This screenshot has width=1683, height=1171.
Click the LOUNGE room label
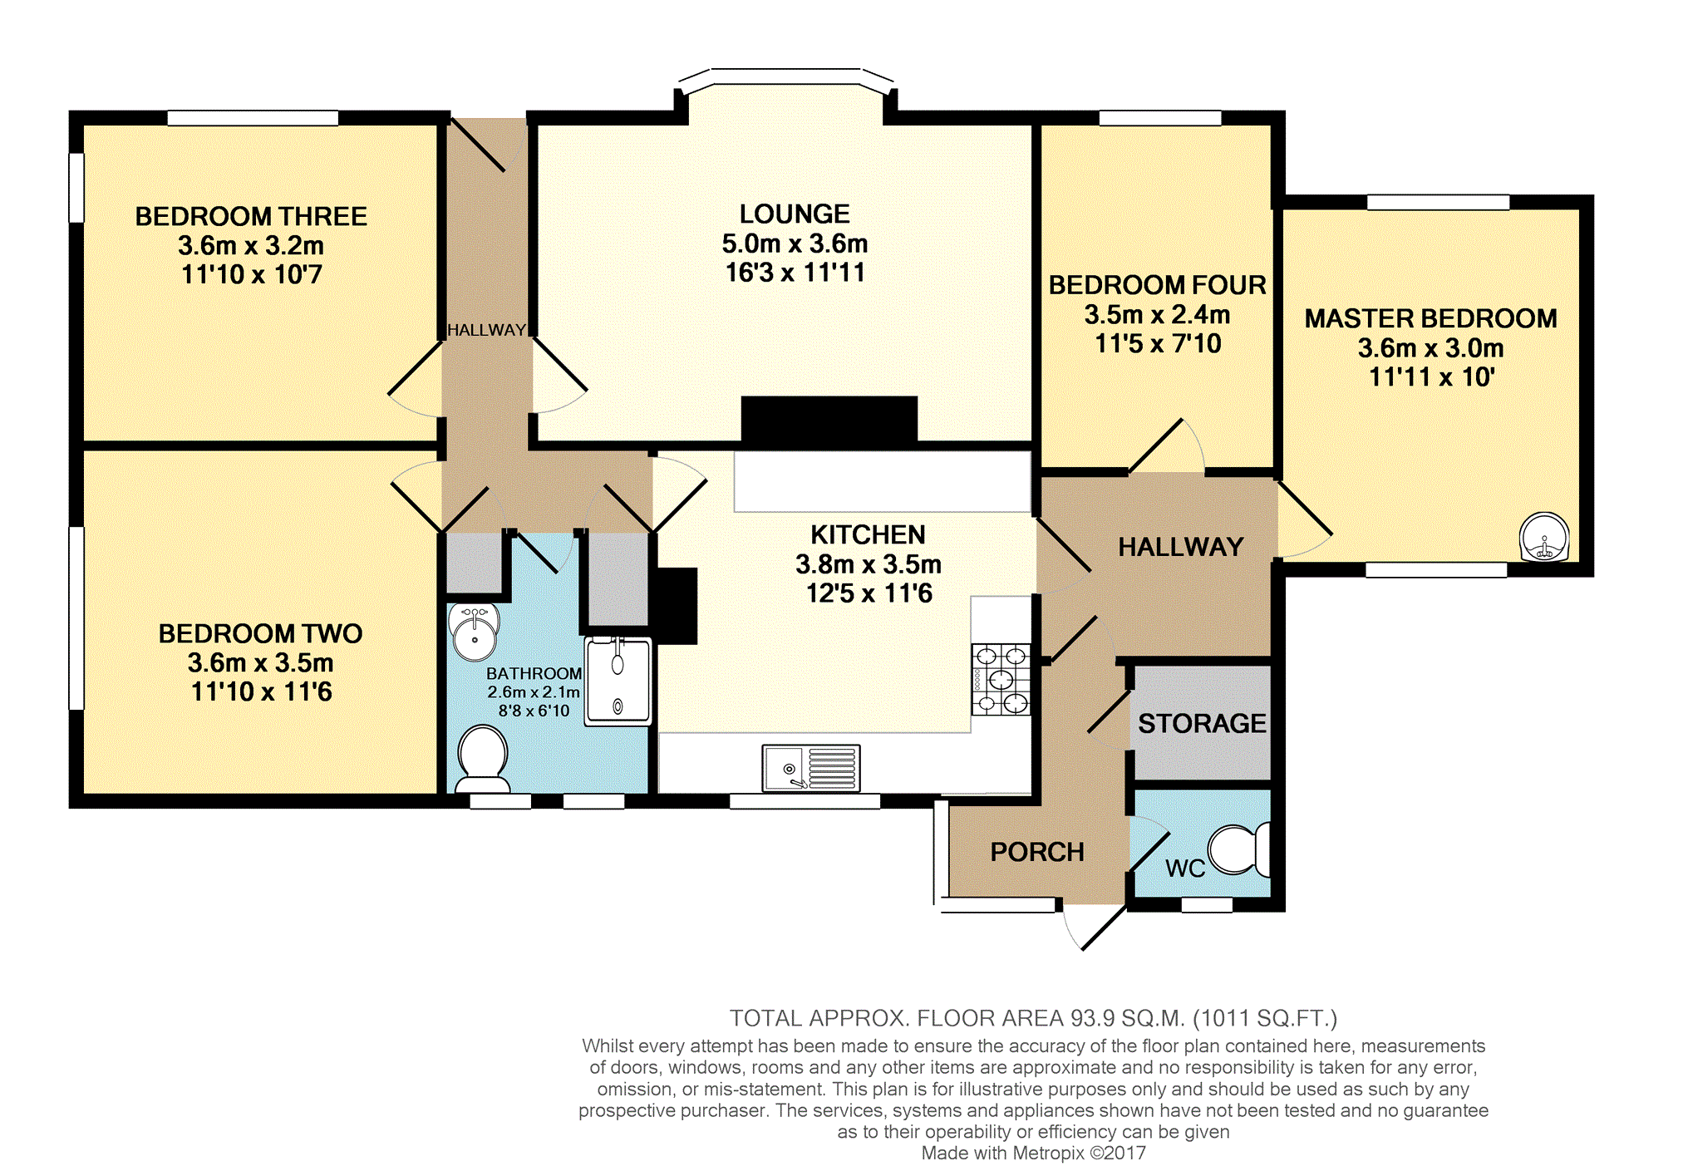795,214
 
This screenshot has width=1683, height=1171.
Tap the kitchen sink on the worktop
810,768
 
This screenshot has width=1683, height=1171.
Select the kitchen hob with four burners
1001,680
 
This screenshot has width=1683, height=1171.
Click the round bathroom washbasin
474,632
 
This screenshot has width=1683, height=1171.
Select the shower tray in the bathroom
618,680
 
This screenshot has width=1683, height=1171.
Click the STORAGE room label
1202,724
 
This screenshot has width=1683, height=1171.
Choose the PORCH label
1037,853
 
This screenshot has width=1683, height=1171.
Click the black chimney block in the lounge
829,420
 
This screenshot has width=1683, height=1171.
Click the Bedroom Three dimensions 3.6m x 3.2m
251,246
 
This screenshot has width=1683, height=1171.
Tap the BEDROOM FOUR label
1157,285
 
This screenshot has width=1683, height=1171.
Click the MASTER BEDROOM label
1430,319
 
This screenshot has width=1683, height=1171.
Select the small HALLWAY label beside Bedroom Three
486,330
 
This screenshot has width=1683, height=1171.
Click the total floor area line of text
1033,1018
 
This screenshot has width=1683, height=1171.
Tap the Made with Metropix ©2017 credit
1033,1154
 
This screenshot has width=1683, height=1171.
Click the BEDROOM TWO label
260,634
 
